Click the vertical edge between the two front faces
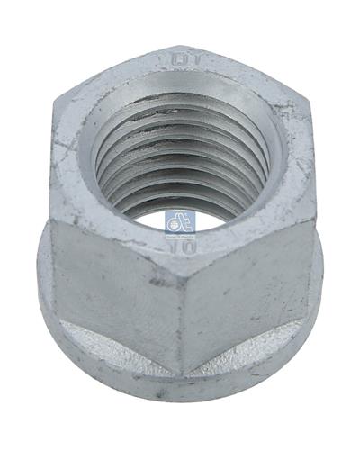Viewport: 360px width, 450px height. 184,306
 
